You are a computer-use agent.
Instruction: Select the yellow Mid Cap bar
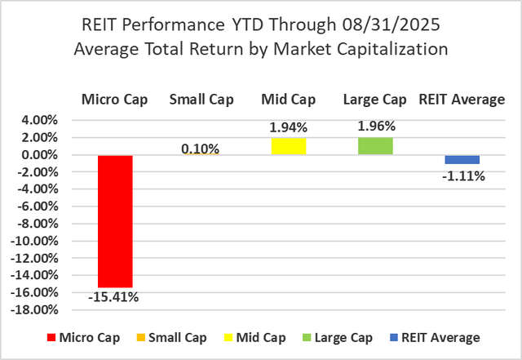click(288, 146)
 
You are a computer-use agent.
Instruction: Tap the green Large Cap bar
click(375, 146)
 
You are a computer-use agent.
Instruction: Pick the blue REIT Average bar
click(462, 159)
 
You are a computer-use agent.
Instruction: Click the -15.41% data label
click(113, 297)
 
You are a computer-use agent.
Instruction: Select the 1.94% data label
click(288, 127)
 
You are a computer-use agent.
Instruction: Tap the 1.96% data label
click(375, 127)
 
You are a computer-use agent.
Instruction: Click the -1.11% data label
click(462, 175)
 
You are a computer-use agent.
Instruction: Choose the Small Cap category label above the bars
click(201, 100)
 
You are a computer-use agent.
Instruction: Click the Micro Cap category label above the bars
click(113, 100)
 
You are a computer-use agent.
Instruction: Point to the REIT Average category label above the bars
click(462, 100)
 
